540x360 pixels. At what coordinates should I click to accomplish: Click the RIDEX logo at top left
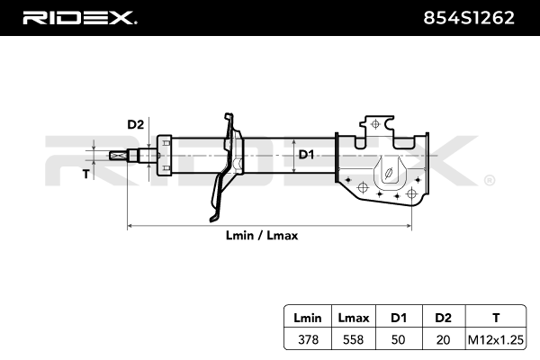(78, 18)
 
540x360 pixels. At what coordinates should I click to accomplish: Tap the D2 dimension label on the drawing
(135, 123)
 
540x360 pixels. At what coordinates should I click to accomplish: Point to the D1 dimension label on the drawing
(306, 155)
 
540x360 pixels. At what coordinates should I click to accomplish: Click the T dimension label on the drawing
(86, 174)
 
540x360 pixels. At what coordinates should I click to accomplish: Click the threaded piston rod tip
(118, 155)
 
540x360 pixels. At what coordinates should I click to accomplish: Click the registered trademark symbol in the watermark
(488, 180)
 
